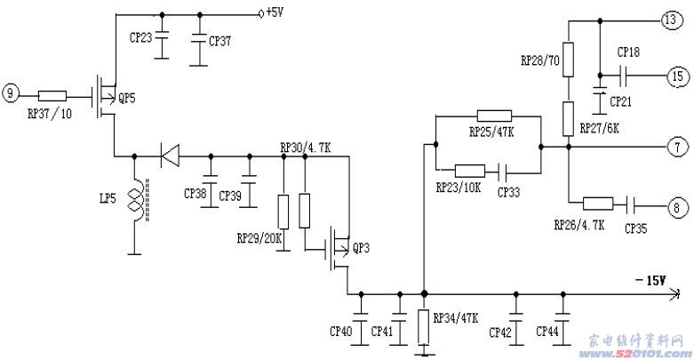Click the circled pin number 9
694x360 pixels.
coord(11,94)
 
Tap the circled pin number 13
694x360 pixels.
coord(672,20)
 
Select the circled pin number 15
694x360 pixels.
coord(678,76)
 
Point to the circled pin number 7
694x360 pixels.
coord(678,147)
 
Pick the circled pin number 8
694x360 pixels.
coord(677,207)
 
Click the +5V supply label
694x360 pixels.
coord(275,12)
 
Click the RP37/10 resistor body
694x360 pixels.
coord(52,96)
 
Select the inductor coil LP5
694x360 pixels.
coord(138,200)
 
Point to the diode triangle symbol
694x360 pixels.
coord(170,156)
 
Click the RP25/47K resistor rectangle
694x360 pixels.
coord(494,116)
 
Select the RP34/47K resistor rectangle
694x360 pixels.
coord(424,327)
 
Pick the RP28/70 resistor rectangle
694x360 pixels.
coord(569,60)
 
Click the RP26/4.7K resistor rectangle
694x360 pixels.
coord(598,204)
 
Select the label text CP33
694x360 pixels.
coord(508,192)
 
